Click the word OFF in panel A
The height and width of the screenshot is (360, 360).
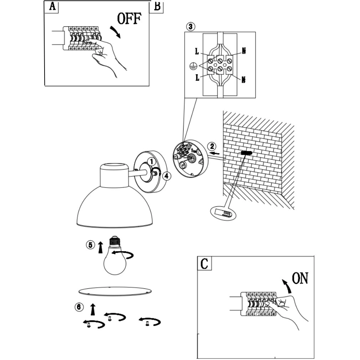click(129, 19)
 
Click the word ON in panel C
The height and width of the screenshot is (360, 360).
click(300, 278)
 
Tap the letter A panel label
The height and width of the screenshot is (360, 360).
click(52, 6)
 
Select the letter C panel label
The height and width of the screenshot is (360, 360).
click(205, 264)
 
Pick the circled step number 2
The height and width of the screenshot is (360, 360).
click(212, 146)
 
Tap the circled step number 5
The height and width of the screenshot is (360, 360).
click(90, 245)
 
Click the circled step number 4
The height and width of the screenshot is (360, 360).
click(165, 175)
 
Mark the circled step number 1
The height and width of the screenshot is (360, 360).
click(151, 161)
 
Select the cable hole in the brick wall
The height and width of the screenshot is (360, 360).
click(246, 153)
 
